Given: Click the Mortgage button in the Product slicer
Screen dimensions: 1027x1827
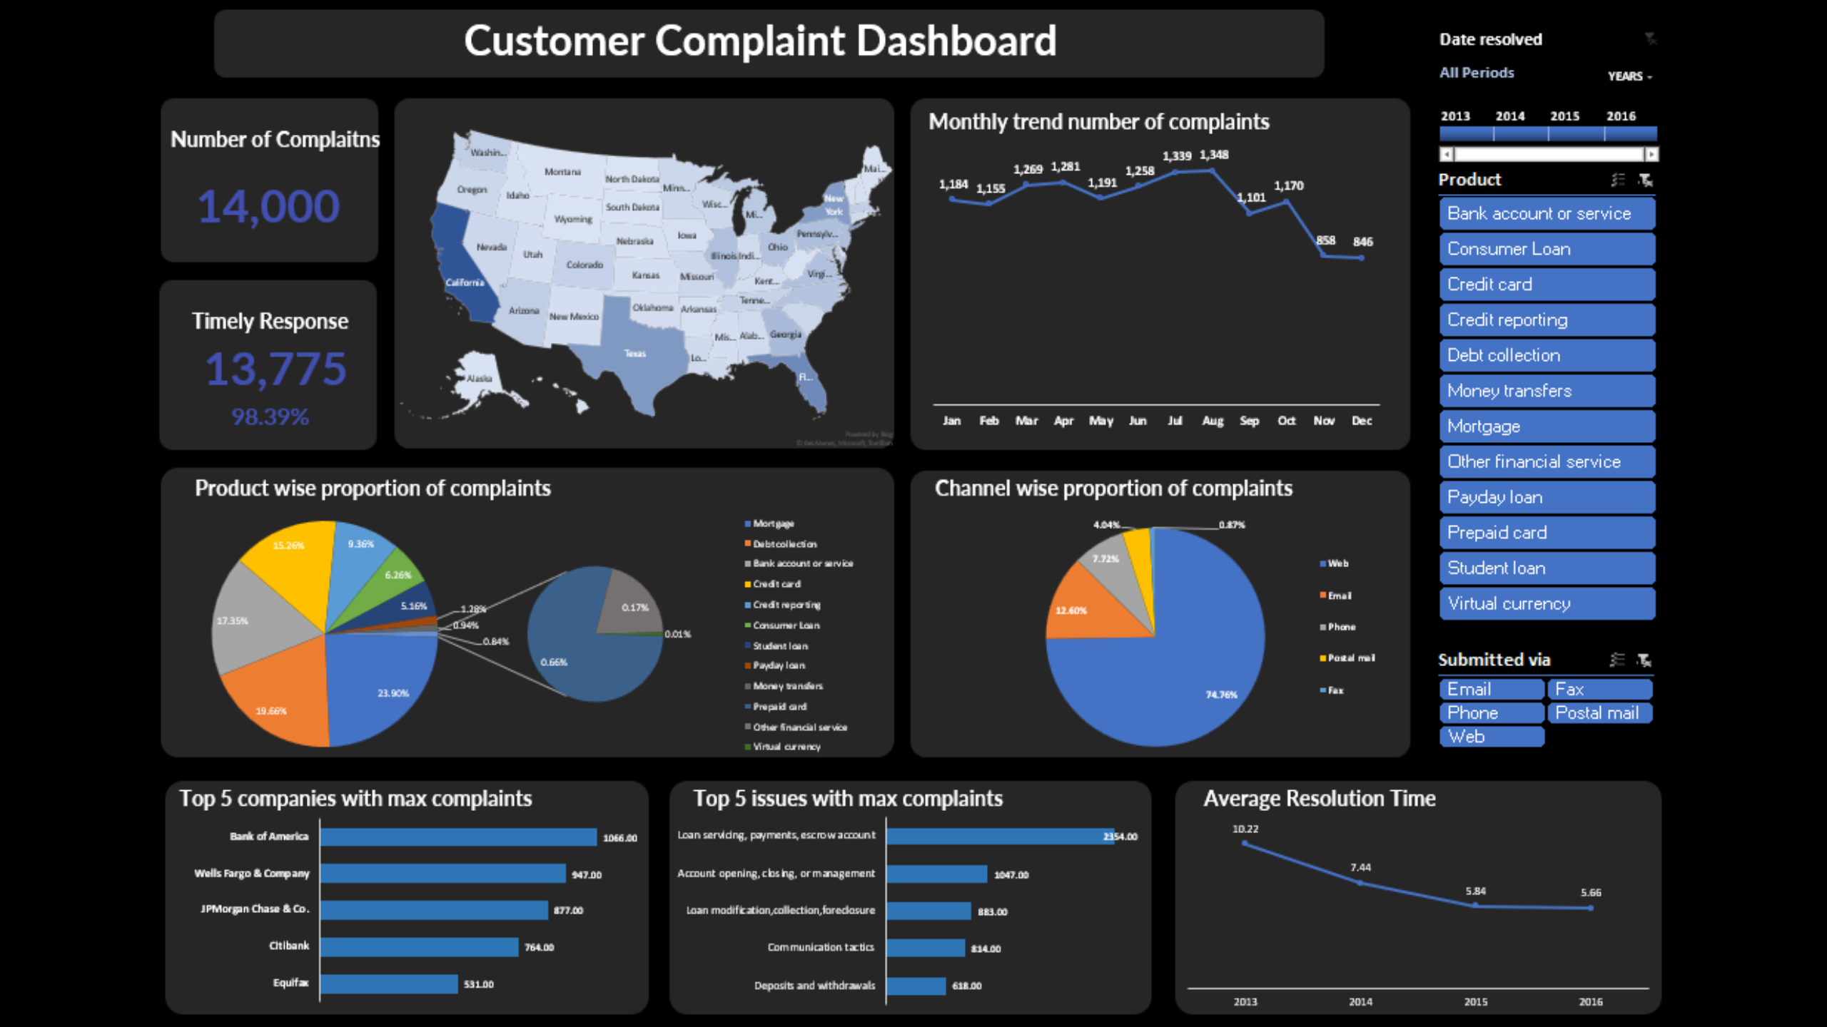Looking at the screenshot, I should pos(1547,426).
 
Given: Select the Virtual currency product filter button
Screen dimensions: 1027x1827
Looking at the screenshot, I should pos(1547,604).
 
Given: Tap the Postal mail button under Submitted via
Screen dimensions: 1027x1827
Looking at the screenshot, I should pos(1599,713).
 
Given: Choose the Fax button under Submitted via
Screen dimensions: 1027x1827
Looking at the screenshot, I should pos(1599,690).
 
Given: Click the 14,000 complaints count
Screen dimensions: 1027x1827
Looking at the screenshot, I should pos(268,207).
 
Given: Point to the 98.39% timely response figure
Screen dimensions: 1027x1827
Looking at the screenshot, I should pos(270,417).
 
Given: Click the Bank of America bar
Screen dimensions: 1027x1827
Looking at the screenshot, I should pos(458,837).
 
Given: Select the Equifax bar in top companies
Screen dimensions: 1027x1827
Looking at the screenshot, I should pos(389,984).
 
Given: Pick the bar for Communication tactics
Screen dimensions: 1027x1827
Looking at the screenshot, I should pos(926,948).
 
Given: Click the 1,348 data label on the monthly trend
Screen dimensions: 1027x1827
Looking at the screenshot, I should pos(1214,155).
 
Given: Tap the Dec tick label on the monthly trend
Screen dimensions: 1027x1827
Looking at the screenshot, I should pos(1362,421).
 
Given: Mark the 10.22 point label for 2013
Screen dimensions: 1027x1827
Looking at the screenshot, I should pos(1245,829).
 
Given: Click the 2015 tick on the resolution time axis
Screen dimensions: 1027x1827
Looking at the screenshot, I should pos(1476,1002).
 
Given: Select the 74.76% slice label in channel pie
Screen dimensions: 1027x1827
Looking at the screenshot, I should pos(1222,695).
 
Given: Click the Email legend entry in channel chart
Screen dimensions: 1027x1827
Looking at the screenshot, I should pos(1336,596).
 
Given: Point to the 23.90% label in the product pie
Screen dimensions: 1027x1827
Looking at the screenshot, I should pos(393,693).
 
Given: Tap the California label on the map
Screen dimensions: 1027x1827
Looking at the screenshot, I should pos(465,282).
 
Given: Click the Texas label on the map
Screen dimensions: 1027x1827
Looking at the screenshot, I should pos(635,354).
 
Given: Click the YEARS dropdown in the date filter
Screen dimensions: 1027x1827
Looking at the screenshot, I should pos(1630,76).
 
